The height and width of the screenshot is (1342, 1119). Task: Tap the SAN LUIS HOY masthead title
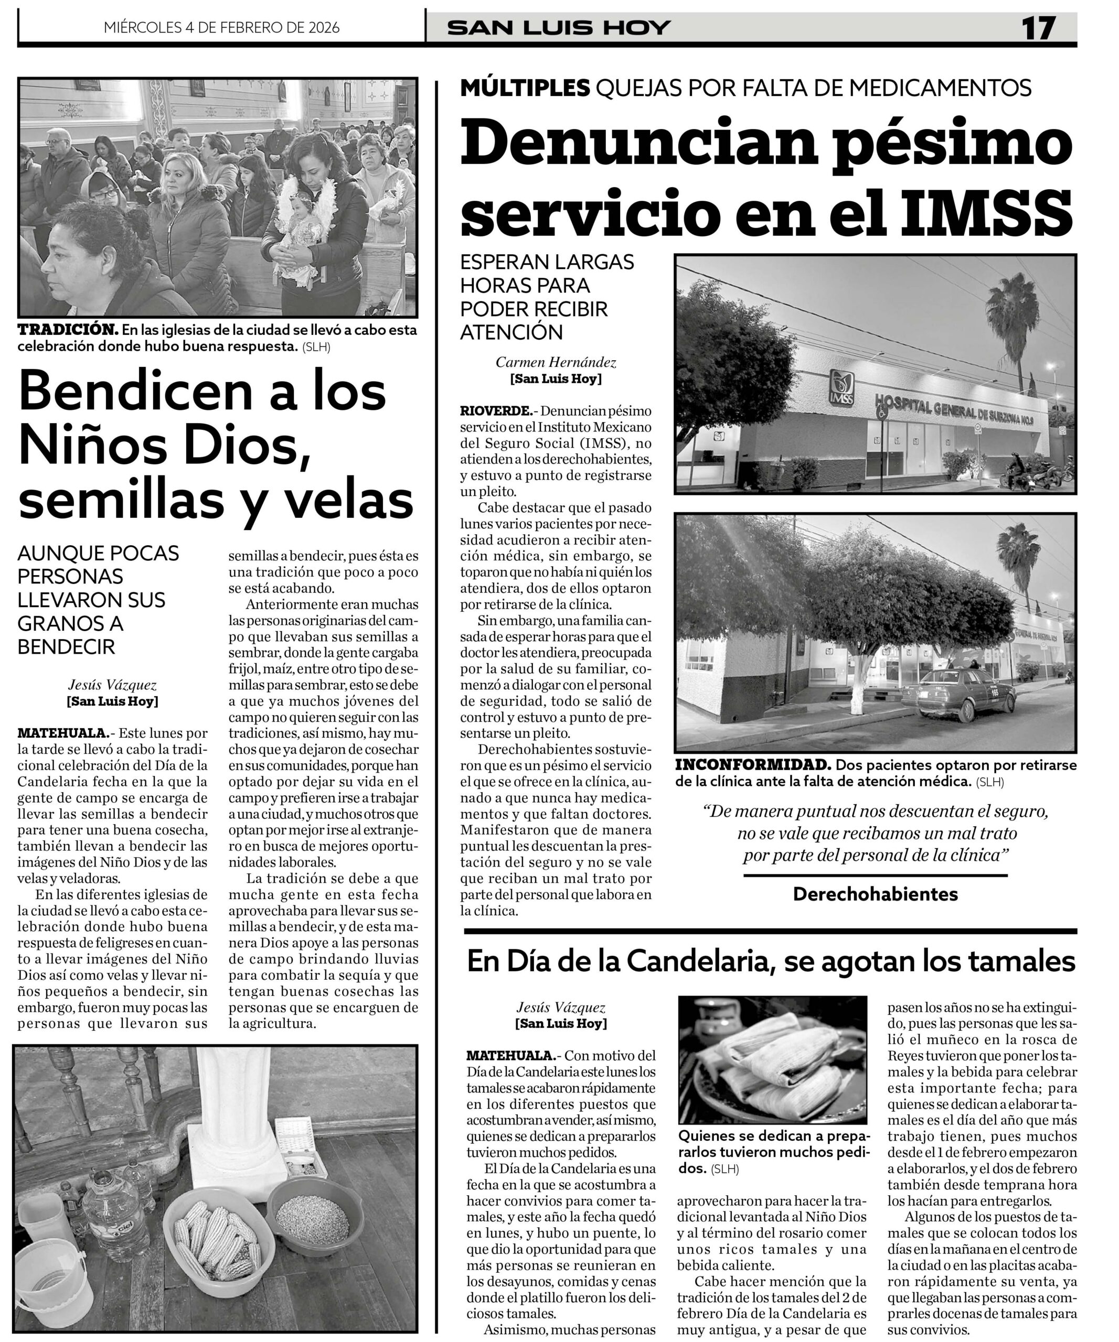[x=559, y=28]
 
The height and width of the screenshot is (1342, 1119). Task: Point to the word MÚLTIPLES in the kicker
[x=524, y=87]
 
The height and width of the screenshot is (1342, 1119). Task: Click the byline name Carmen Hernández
[x=556, y=362]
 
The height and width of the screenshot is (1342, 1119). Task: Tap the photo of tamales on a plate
[x=772, y=1062]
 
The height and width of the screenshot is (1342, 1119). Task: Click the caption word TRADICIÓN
[x=68, y=330]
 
